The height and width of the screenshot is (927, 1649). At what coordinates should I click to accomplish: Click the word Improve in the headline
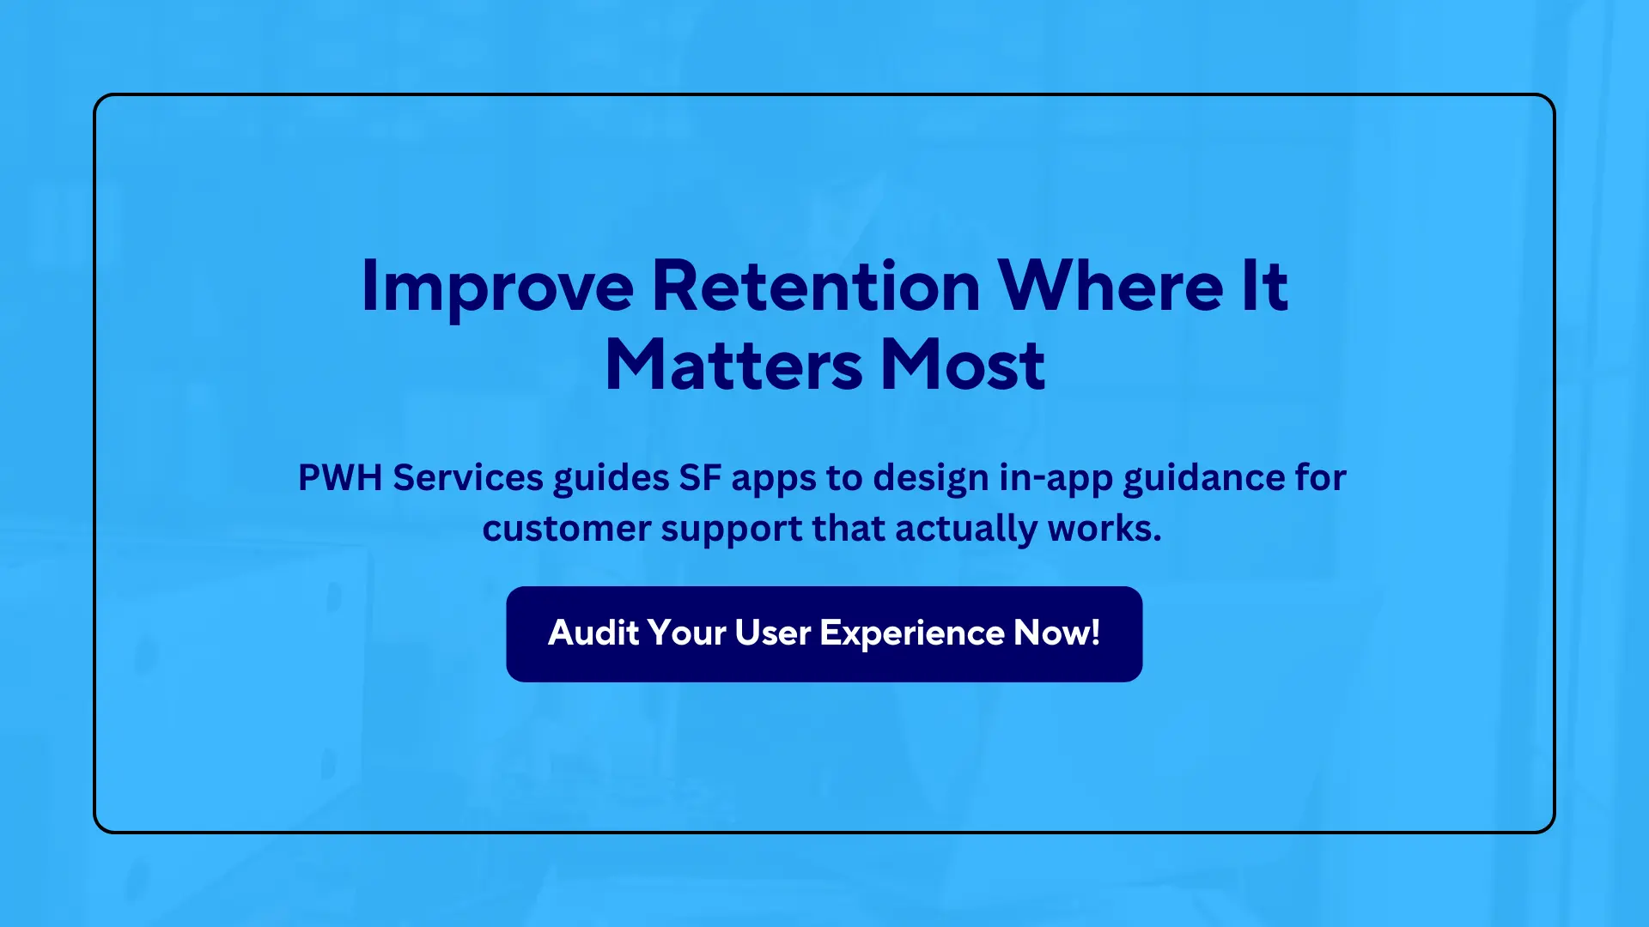click(497, 288)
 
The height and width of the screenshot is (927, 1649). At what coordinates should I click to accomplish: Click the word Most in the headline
click(963, 366)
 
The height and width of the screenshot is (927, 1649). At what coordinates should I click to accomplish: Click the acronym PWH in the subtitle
click(340, 477)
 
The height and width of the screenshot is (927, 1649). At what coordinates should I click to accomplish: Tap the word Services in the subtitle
click(468, 477)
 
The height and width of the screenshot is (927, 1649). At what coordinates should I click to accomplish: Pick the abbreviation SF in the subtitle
click(700, 477)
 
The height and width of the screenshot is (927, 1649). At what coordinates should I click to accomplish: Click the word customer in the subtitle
click(567, 529)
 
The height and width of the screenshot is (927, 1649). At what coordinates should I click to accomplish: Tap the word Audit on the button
click(593, 633)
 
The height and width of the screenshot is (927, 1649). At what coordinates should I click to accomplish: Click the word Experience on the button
click(912, 634)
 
